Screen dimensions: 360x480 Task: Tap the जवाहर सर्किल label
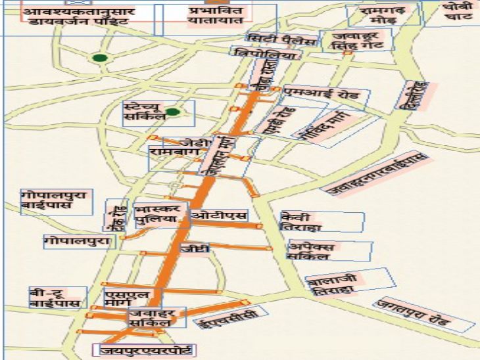tap(150, 318)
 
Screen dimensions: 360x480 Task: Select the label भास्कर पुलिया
tap(156, 216)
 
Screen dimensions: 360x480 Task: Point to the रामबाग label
tap(170, 152)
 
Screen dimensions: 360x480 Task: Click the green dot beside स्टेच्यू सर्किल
tap(173, 112)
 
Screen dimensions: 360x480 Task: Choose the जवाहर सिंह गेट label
tap(356, 40)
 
